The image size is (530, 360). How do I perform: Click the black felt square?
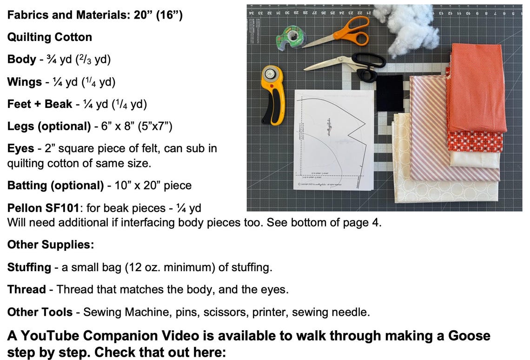[x=390, y=93]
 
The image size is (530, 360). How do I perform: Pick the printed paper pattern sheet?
[x=334, y=140]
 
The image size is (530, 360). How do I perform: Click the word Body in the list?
[x=21, y=60]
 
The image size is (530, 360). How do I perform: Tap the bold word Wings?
[x=24, y=82]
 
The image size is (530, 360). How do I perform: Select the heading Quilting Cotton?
[x=49, y=37]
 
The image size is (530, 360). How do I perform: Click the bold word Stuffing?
[x=29, y=267]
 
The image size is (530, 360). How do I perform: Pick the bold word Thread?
[x=26, y=289]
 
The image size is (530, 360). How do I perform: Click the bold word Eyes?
[x=20, y=148]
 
